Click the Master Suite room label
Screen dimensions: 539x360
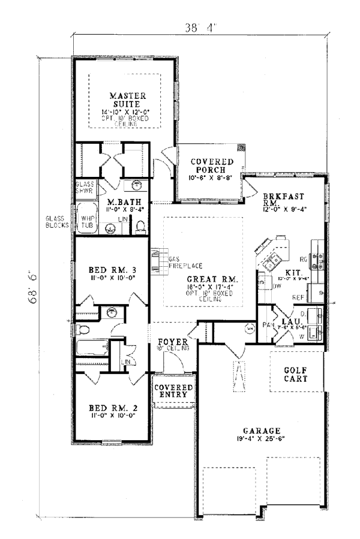(125, 100)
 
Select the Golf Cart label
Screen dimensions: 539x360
(295, 375)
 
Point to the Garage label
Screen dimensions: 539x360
(262, 430)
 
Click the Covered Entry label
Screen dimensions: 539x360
(174, 392)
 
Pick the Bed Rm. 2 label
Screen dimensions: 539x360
(111, 408)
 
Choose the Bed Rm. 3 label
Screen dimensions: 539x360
(111, 270)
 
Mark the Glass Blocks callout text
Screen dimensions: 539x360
(56, 222)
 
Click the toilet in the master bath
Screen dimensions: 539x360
(141, 226)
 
